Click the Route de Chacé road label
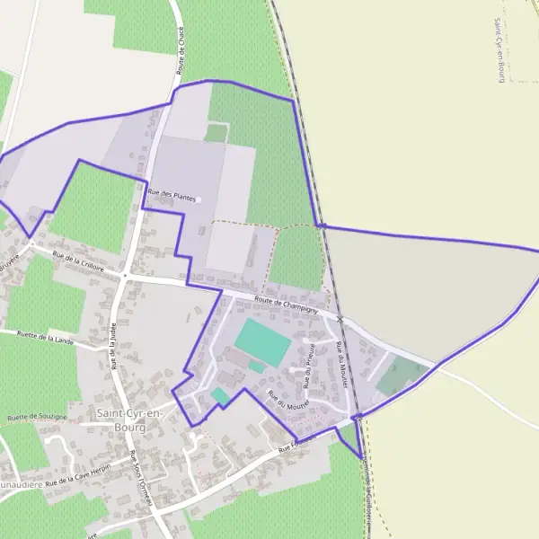coord(182,50)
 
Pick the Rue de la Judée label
coord(114,347)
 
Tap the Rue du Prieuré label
coord(308,364)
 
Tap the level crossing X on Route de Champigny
coord(340,319)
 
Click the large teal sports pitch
coord(262,340)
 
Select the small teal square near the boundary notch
coord(221,395)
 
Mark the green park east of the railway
coord(401,376)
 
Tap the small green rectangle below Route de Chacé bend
coord(216,133)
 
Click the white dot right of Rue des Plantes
coord(199,199)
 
